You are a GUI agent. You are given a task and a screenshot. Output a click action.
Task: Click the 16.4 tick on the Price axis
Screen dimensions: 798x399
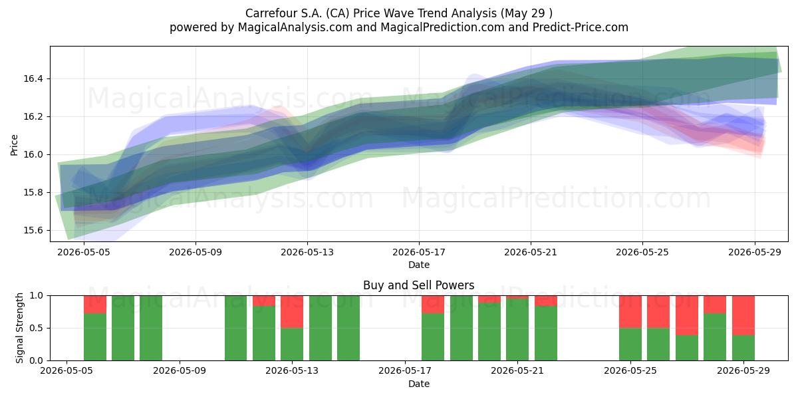(33, 78)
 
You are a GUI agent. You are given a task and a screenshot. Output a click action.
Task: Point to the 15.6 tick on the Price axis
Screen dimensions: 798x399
(33, 231)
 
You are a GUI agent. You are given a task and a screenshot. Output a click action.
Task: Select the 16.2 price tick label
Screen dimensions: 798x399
(33, 117)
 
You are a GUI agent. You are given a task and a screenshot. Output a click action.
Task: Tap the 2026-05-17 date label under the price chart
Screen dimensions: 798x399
(419, 252)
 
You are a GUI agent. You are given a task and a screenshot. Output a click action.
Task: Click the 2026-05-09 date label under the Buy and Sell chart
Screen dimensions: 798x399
(179, 371)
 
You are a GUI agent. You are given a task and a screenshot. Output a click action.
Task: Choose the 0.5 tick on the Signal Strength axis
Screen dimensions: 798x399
(37, 328)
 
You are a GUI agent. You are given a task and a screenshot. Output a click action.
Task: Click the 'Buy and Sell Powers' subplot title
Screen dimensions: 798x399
(418, 285)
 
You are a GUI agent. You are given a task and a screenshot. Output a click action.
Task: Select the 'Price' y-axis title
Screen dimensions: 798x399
(14, 145)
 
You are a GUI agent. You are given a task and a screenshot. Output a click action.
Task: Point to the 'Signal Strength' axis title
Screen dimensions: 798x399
(19, 328)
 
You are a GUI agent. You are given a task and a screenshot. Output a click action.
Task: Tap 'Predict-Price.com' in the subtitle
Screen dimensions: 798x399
(581, 27)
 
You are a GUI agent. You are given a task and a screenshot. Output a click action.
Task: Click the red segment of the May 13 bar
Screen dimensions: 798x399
(292, 312)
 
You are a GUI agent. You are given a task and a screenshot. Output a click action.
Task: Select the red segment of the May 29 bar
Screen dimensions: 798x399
(743, 315)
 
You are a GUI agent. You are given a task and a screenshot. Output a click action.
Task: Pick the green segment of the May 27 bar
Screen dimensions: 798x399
(687, 348)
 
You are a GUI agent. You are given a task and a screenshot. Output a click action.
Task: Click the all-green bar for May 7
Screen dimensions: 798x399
(123, 328)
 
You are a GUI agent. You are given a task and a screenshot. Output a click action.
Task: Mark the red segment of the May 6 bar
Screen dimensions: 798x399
(94, 305)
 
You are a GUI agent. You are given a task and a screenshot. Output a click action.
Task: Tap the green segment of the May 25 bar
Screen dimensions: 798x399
(630, 344)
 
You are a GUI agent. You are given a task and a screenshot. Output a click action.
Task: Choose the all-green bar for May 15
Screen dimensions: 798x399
(348, 328)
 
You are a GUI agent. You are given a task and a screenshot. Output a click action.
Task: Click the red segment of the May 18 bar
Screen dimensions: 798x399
(433, 305)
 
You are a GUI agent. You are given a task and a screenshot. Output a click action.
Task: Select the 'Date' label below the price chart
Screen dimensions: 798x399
(419, 265)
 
